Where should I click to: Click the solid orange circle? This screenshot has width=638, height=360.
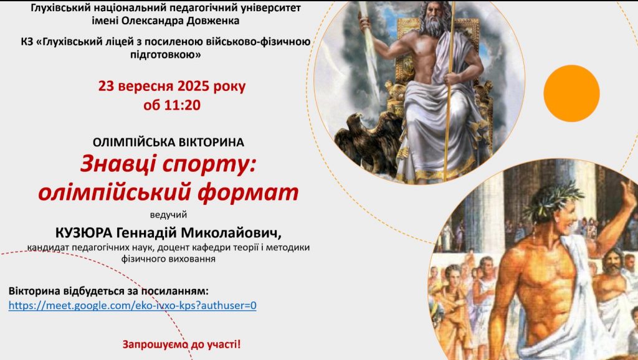coord(571,93)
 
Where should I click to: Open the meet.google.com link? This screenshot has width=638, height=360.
coord(133,305)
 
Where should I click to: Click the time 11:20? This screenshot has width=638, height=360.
coord(183,105)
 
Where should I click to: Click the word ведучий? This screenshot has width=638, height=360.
coord(168,215)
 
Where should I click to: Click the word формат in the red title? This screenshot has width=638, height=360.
coord(247,192)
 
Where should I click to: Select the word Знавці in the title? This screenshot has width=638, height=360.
coord(118,164)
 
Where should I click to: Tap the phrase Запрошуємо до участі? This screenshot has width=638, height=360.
coord(182,344)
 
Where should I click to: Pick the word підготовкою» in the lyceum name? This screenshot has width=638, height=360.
coord(166,55)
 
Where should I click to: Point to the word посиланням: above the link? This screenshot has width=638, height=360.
coord(175,291)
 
